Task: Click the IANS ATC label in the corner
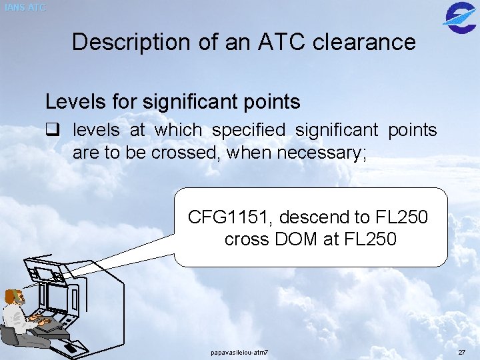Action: point(25,8)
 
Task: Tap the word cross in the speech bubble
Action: point(246,239)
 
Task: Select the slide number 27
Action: point(462,352)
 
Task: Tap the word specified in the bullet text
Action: point(252,129)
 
